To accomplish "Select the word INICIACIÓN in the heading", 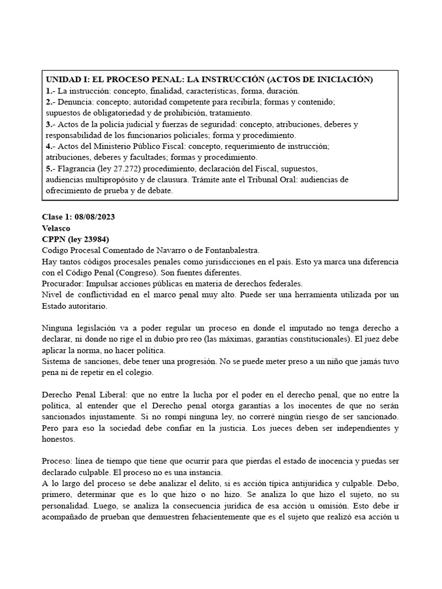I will (340, 79).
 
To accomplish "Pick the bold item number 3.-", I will (50, 124).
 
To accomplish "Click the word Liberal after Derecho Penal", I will (111, 395).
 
